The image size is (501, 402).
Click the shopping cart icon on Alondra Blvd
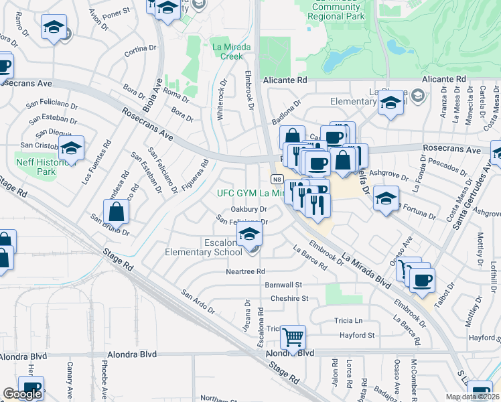pyautogui.click(x=293, y=337)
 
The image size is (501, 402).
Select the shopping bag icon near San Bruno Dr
pyautogui.click(x=117, y=212)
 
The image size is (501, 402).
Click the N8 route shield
pyautogui.click(x=276, y=180)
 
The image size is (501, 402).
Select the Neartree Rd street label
pyautogui.click(x=245, y=271)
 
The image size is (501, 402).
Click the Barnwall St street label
pyautogui.click(x=284, y=285)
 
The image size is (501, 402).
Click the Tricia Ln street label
pyautogui.click(x=348, y=320)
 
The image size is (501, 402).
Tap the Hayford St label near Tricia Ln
pyautogui.click(x=356, y=335)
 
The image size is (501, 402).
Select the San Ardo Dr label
pyautogui.click(x=198, y=302)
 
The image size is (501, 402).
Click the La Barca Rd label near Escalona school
pyautogui.click(x=309, y=257)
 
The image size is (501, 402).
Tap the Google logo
pyautogui.click(x=22, y=394)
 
